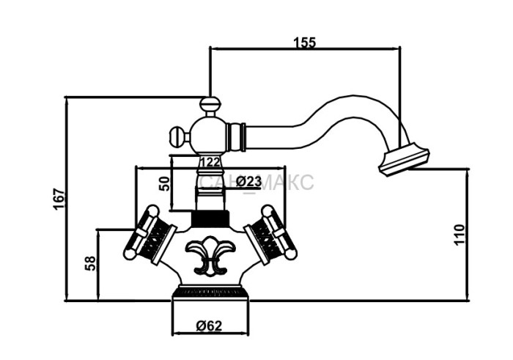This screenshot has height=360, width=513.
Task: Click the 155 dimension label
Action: pyautogui.click(x=305, y=43)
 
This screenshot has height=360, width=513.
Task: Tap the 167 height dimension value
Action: pyautogui.click(x=59, y=199)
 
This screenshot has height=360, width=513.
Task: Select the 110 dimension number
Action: pyautogui.click(x=459, y=235)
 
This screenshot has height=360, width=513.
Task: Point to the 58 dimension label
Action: pyautogui.click(x=90, y=263)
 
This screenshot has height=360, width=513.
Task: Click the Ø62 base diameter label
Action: pyautogui.click(x=209, y=326)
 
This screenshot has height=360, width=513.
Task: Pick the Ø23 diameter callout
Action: pyautogui.click(x=248, y=181)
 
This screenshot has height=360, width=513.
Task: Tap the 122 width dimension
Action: pyautogui.click(x=210, y=162)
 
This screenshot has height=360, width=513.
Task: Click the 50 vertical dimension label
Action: pyautogui.click(x=165, y=183)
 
